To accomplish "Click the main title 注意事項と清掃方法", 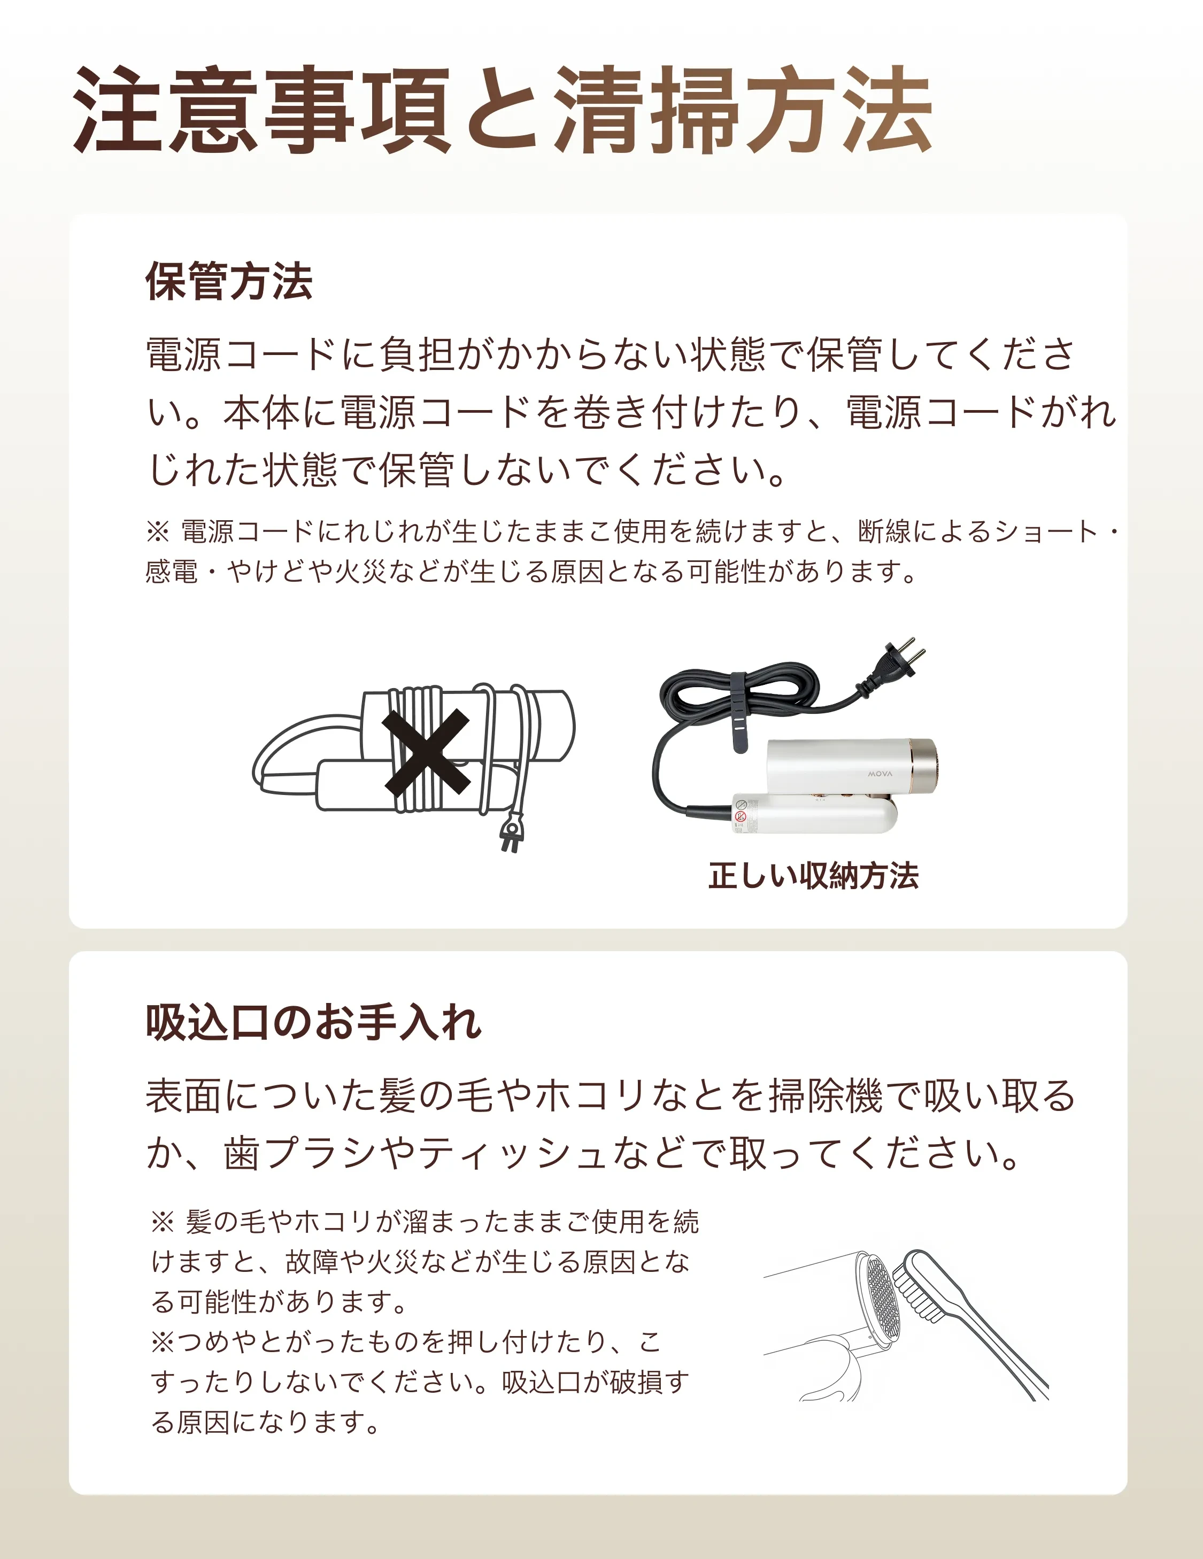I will (503, 111).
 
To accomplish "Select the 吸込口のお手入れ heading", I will (313, 1023).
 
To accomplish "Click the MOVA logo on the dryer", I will (880, 774).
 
